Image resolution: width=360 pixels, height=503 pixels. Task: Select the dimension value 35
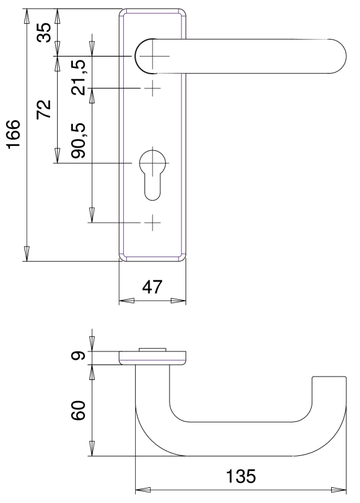tap(44, 33)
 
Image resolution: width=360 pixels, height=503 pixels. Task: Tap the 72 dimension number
tap(44, 109)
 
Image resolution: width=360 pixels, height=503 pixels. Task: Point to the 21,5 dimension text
tap(79, 77)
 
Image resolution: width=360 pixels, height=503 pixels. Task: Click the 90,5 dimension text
tap(79, 140)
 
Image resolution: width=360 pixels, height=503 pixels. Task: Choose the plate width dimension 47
tap(152, 287)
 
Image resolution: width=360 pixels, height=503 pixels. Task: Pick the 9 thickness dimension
tap(79, 355)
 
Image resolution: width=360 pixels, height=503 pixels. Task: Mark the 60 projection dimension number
tap(79, 411)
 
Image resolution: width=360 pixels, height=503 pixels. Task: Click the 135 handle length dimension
tap(241, 476)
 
